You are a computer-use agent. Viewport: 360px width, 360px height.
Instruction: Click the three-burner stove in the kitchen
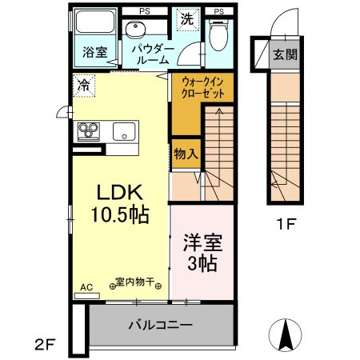[87, 131]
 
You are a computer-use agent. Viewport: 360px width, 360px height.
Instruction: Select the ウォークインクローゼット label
[196, 87]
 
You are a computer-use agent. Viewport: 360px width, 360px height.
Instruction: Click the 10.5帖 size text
[119, 215]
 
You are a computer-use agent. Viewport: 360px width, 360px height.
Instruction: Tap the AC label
[86, 286]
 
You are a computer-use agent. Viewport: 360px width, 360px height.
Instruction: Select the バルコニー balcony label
[160, 326]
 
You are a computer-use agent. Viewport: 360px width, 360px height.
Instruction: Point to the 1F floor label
[286, 225]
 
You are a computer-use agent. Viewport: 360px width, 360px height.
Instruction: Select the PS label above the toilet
[218, 12]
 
